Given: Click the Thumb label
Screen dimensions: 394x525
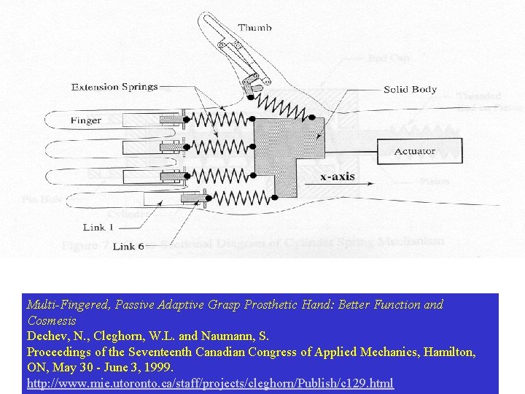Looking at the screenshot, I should tap(254, 28).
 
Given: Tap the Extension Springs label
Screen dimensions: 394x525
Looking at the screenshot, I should tap(114, 87).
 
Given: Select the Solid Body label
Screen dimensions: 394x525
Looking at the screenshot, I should tap(411, 90).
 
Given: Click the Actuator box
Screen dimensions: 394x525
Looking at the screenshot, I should tap(414, 151).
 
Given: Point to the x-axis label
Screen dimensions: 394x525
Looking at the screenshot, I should tap(338, 177).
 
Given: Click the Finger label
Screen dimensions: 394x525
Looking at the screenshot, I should tap(86, 120).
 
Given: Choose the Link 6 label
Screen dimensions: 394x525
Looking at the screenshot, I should tap(128, 247).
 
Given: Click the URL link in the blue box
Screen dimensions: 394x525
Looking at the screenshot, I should tap(210, 382).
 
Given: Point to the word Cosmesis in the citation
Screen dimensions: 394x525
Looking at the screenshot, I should tap(51, 321).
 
